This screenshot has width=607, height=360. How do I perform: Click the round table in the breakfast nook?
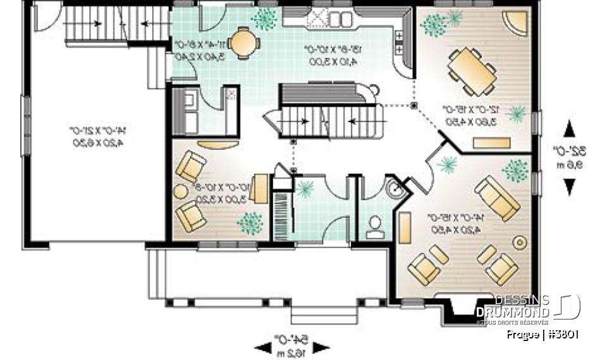point(243,43)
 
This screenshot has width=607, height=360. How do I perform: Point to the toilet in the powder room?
point(375,227)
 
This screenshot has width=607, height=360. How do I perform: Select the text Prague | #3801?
point(543,334)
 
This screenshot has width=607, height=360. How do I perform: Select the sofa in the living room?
point(497,197)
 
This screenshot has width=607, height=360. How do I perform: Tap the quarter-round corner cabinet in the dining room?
point(519,23)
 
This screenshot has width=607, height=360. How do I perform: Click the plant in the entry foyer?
point(305,187)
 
